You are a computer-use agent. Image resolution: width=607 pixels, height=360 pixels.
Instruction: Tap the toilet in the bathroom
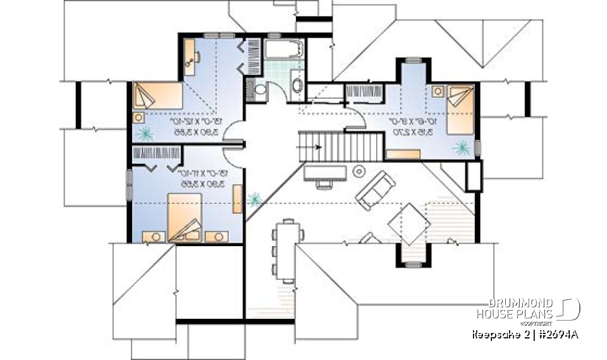tap(260, 90)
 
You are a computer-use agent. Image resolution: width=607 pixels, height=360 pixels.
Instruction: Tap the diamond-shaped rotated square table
tap(406, 223)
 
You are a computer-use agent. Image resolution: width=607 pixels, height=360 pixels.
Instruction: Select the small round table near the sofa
tap(360, 170)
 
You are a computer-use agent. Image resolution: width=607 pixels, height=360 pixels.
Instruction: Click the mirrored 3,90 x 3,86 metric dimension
tap(188, 130)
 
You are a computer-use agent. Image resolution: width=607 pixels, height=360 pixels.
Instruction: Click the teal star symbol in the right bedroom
tap(461, 147)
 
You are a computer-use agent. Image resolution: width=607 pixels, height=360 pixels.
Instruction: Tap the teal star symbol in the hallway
tap(255, 199)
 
